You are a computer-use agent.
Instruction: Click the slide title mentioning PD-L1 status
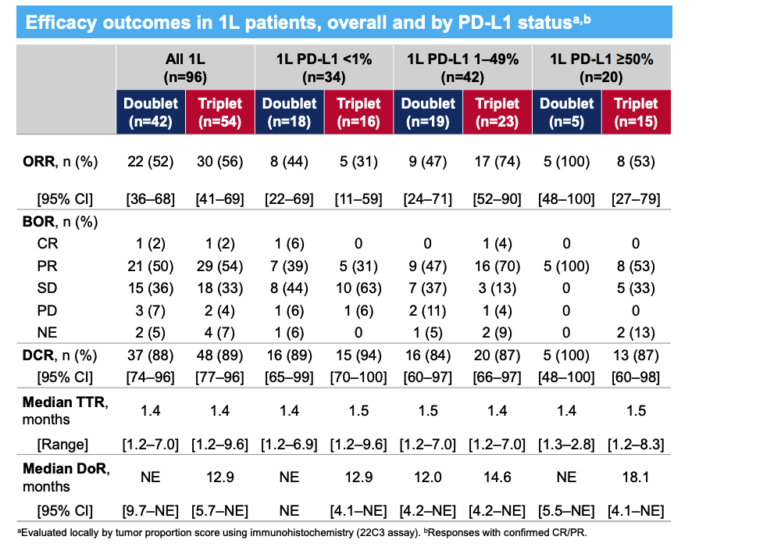pos(308,22)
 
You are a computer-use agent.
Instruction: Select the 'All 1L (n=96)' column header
pos(185,68)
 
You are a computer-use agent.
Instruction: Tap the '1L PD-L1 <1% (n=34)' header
pos(324,68)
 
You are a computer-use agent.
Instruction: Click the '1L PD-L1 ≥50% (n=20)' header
pos(601,68)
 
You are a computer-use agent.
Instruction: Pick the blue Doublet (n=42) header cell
pos(151,112)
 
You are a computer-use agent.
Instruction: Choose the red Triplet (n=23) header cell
pos(497,112)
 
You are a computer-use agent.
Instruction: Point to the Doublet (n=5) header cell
pos(567,112)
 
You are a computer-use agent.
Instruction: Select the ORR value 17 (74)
pos(497,163)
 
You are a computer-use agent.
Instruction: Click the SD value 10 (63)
pos(358,288)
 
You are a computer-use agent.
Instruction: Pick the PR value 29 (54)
pos(219,266)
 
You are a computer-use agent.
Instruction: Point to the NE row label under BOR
pos(48,332)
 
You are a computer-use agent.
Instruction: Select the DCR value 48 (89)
pos(219,356)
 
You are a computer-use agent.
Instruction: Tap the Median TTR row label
pos(64,411)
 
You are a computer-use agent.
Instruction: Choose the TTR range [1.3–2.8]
pos(567,445)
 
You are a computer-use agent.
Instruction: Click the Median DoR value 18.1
pos(637,477)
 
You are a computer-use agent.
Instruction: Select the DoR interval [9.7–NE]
pos(151,511)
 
